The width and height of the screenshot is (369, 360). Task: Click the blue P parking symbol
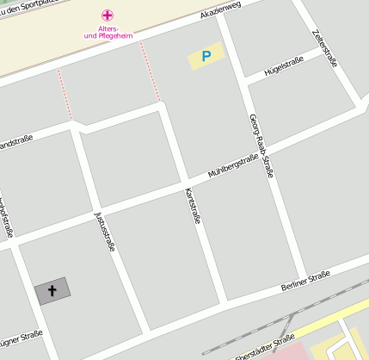(x=206, y=57)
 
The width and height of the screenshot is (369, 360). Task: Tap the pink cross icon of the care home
(x=107, y=15)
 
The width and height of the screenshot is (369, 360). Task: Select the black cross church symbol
(x=52, y=291)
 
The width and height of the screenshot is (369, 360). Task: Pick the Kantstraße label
(x=194, y=207)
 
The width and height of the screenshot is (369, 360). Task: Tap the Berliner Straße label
(x=305, y=281)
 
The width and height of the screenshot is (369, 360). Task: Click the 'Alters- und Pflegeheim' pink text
(x=108, y=33)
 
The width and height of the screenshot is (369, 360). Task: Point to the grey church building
(x=52, y=291)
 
